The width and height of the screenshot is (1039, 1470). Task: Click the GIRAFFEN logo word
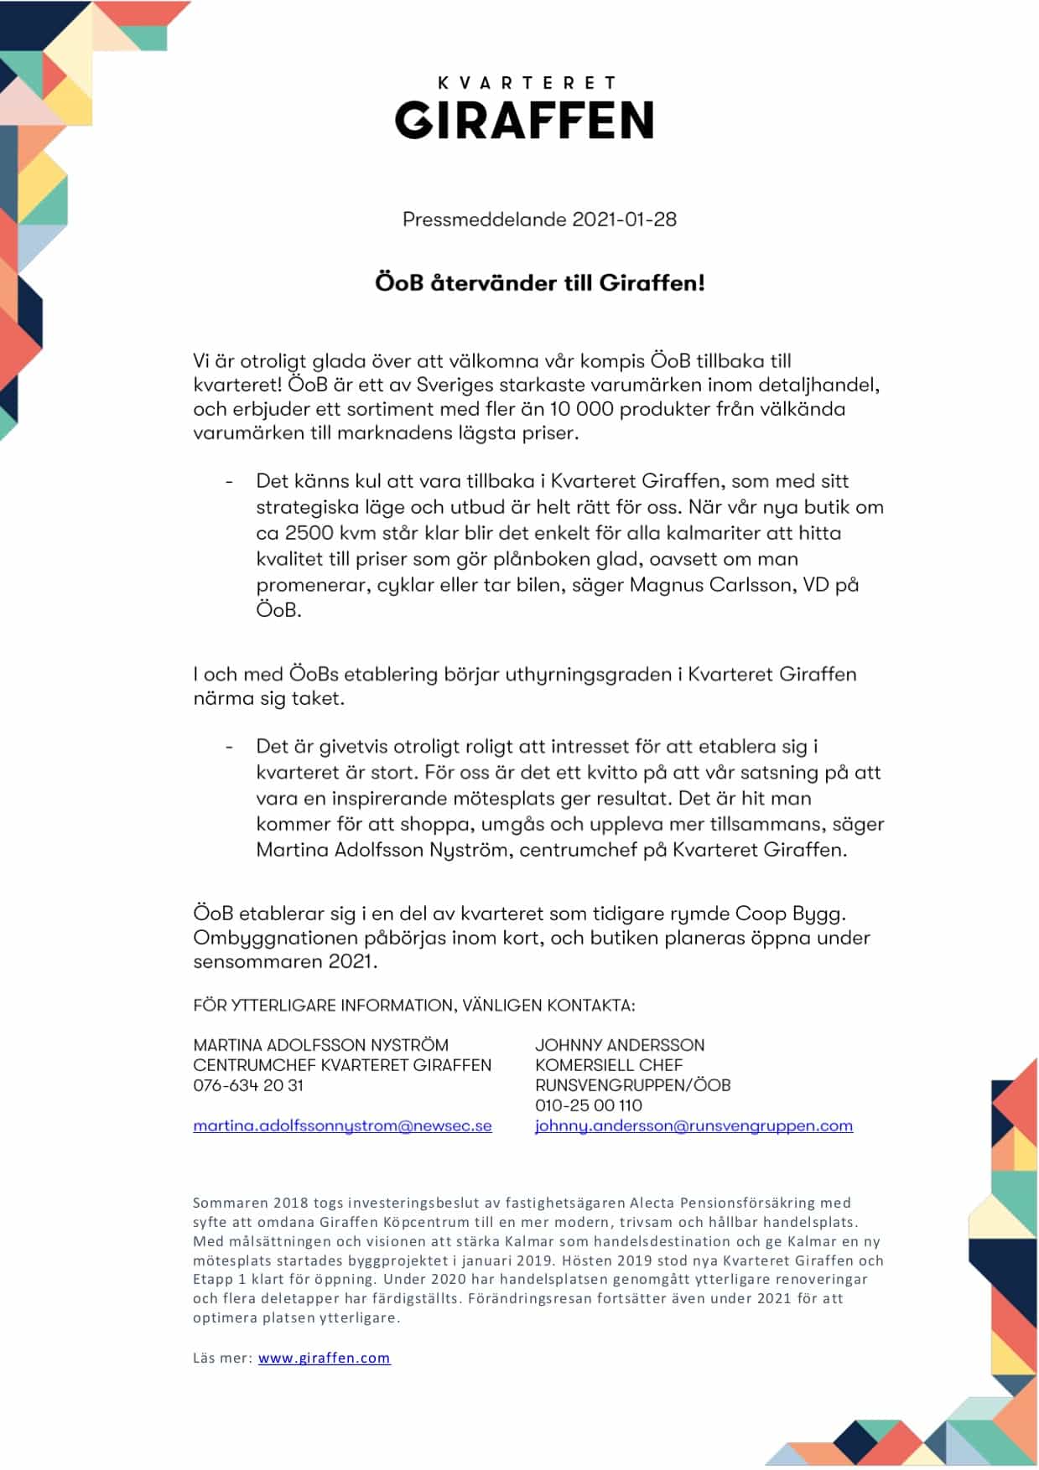524,120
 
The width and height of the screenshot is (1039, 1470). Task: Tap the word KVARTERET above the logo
527,82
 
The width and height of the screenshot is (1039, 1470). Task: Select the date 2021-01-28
624,220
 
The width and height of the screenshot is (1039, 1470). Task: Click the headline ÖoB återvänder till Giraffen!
539,283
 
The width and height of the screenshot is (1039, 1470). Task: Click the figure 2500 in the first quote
309,533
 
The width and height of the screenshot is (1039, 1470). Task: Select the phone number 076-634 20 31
248,1085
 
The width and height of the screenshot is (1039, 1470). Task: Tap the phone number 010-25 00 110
589,1105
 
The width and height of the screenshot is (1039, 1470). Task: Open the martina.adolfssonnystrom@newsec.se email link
342,1126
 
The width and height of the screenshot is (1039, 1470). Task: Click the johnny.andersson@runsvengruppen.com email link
694,1126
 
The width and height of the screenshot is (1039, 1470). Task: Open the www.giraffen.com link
324,1358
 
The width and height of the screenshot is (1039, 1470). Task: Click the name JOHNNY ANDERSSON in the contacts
620,1045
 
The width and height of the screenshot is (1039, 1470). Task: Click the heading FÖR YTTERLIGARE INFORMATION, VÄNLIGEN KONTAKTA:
414,1005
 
